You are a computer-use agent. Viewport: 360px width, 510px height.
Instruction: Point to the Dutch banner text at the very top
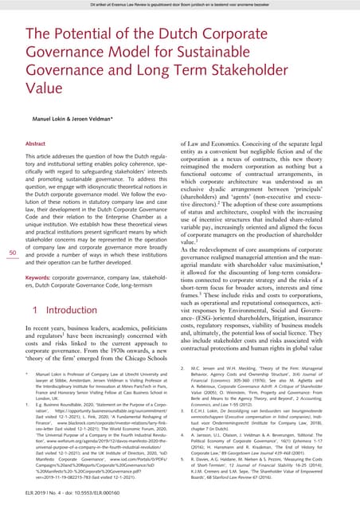179,5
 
